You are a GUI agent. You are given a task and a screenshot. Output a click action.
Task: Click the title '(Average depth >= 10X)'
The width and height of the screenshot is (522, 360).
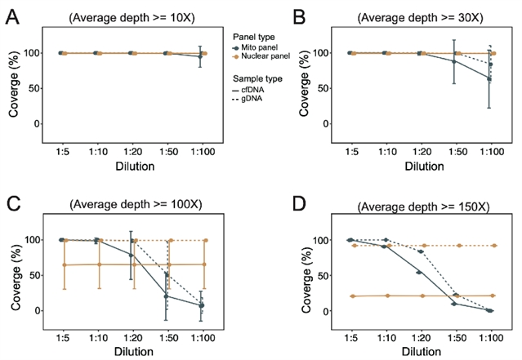coord(130,16)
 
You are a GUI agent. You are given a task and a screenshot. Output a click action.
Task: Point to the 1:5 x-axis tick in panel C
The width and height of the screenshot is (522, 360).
coord(61,338)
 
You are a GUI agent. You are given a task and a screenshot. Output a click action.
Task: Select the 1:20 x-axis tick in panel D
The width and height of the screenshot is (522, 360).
coord(419,338)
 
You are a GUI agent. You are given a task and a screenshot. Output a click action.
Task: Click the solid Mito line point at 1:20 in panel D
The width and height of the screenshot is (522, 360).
coord(419,272)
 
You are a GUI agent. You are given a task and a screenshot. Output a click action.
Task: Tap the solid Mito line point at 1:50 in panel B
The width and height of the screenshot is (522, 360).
coord(454,61)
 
